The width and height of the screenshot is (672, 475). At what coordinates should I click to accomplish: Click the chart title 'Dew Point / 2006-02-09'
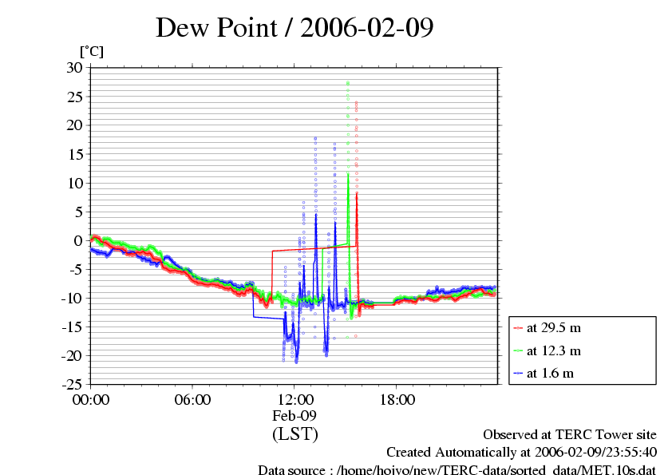(x=294, y=27)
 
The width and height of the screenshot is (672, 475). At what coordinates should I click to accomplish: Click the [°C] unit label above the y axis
(x=91, y=52)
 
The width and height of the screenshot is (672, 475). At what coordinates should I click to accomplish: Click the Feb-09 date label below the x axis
(x=294, y=416)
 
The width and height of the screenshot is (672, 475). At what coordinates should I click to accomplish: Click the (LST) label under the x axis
(x=294, y=434)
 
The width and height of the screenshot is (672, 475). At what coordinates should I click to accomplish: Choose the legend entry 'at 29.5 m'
(x=553, y=328)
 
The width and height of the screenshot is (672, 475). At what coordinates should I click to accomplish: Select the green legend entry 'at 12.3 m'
(x=553, y=350)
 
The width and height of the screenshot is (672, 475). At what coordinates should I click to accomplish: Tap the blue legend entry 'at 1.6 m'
(x=550, y=373)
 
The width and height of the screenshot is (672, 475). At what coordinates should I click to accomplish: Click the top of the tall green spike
(x=348, y=83)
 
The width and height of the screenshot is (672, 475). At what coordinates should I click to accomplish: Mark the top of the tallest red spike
(x=356, y=102)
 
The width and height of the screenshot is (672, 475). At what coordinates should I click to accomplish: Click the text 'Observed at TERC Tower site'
(x=570, y=434)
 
